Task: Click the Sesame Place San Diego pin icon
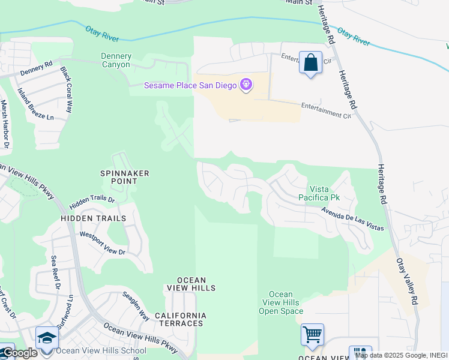tap(246, 86)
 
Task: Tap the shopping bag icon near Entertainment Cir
tap(310, 63)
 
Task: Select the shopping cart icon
tap(312, 335)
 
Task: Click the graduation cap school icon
tap(47, 338)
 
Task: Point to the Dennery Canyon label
tap(116, 61)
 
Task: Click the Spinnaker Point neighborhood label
tap(124, 177)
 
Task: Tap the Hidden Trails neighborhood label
tap(93, 218)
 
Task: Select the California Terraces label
tap(180, 319)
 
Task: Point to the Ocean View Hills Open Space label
tap(280, 302)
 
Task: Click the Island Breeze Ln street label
tap(35, 104)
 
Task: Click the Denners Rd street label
tap(36, 68)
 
